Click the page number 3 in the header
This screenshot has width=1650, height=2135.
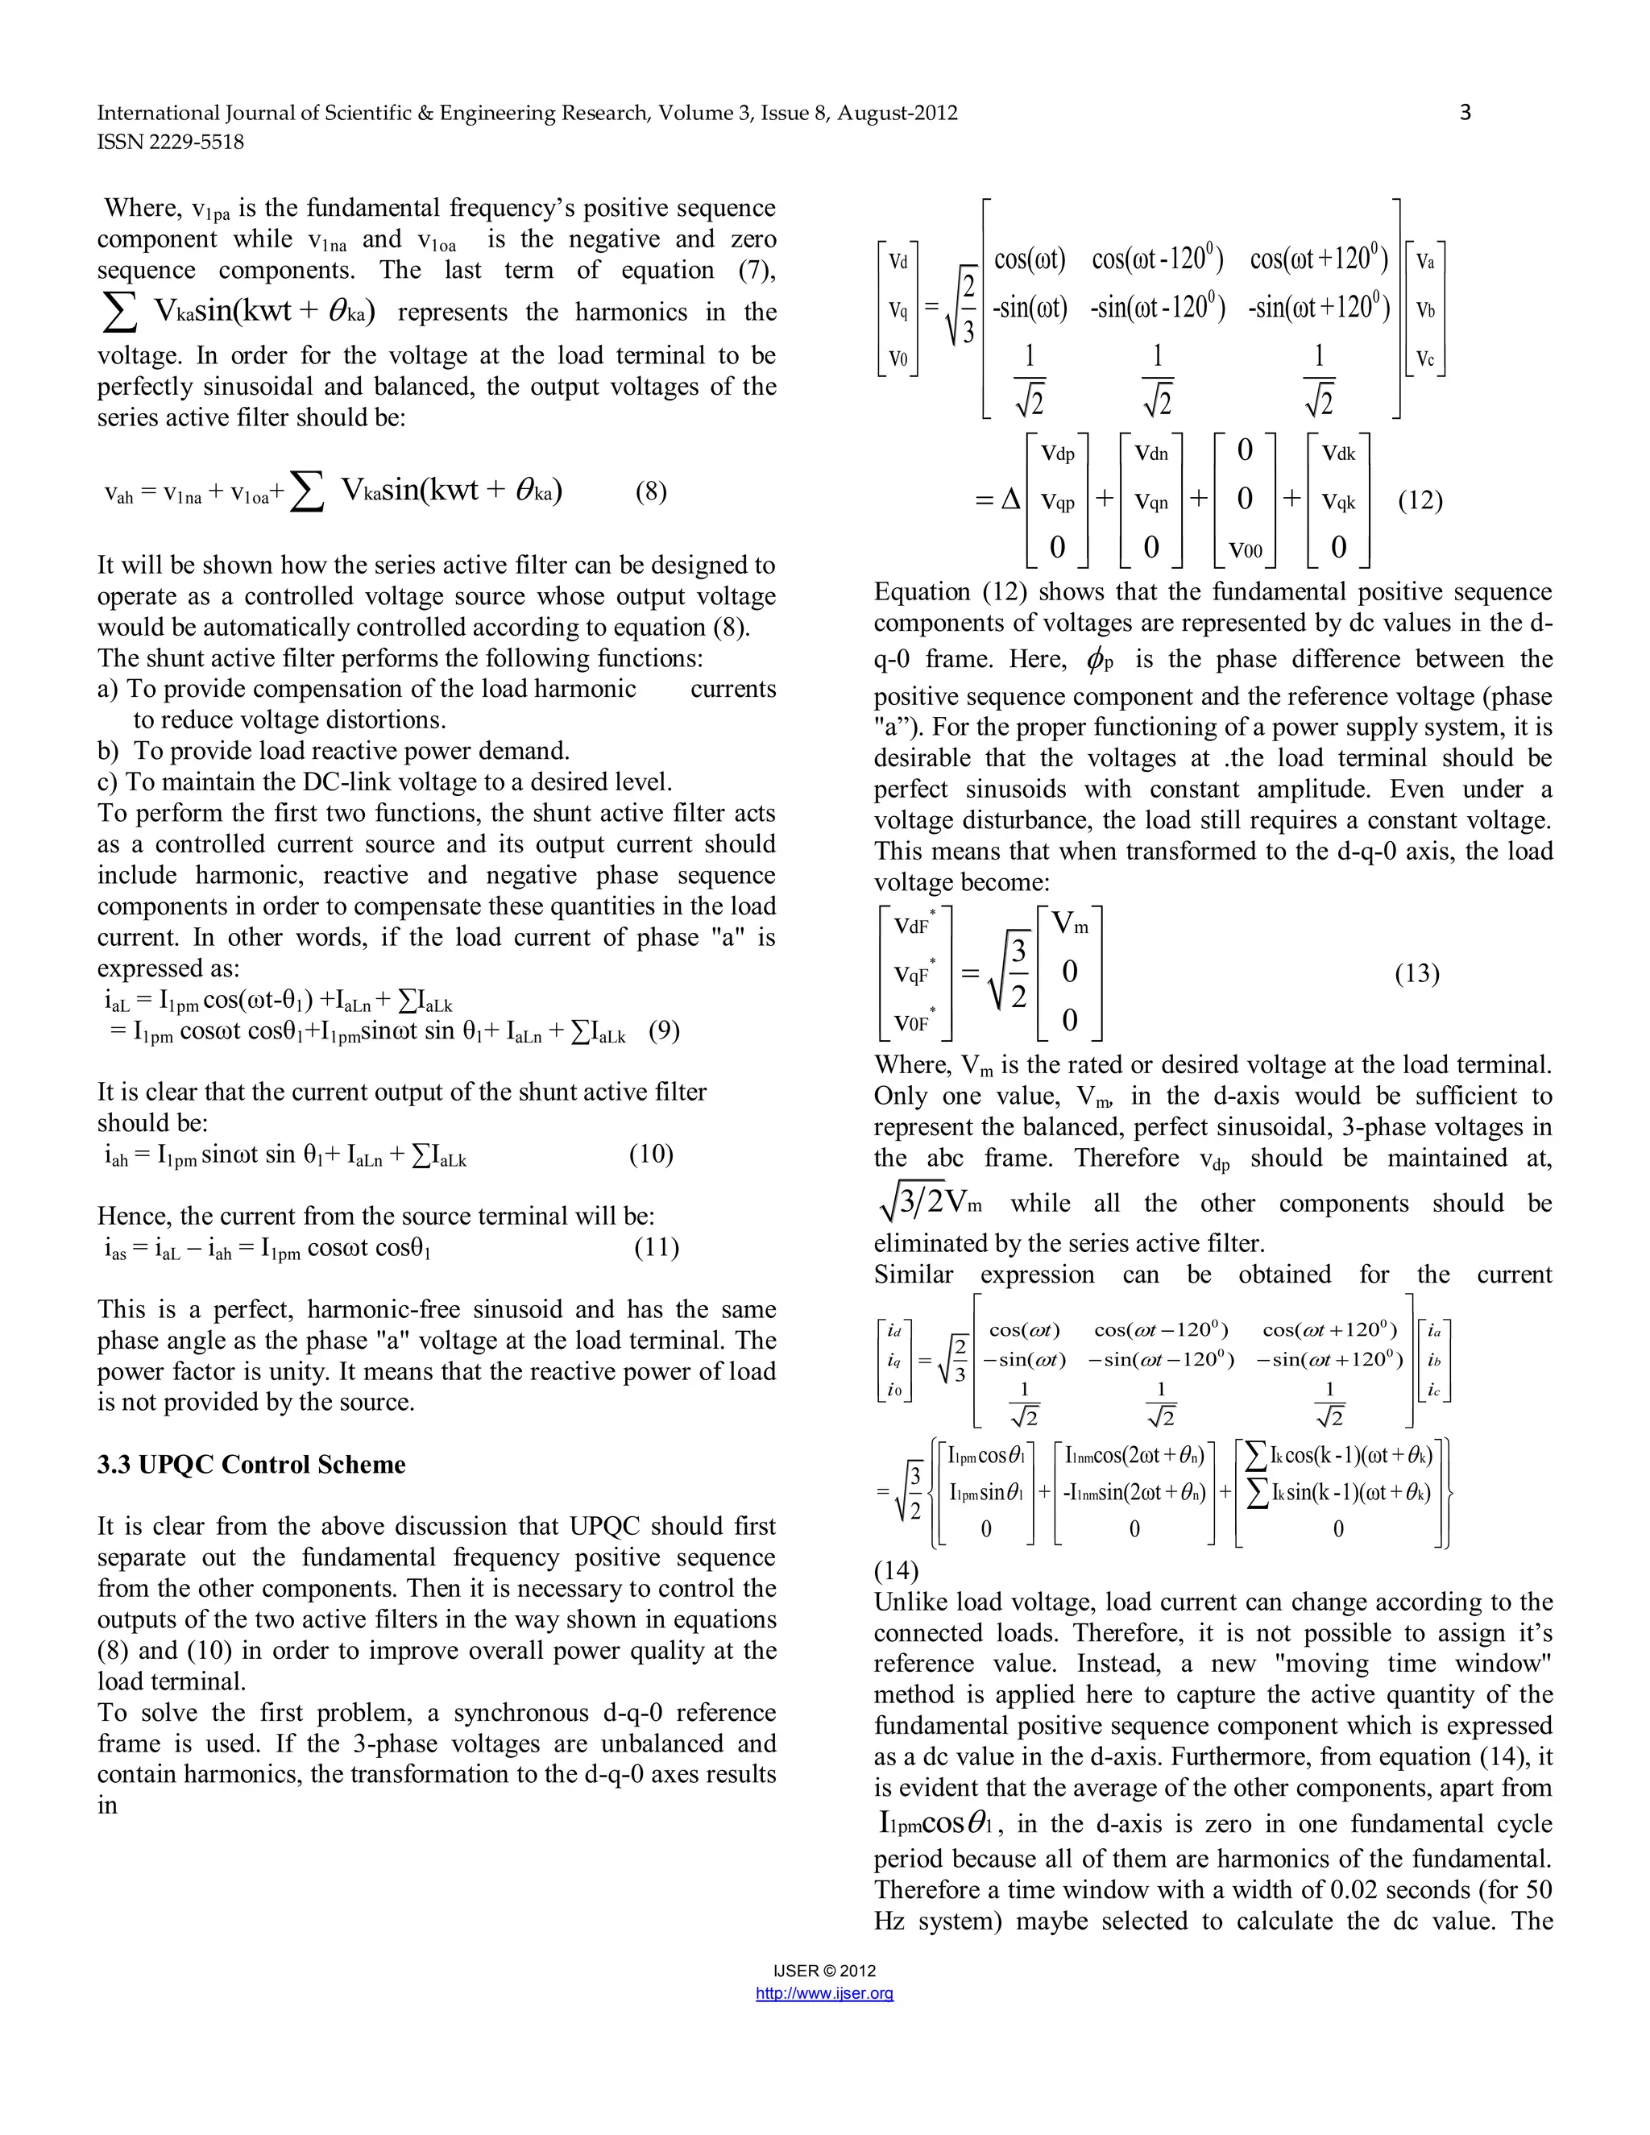coord(1464,113)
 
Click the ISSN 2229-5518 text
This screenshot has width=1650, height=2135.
coord(170,142)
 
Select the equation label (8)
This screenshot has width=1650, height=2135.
coord(651,491)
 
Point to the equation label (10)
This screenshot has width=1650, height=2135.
coord(651,1155)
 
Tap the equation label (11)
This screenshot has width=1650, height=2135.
coord(656,1247)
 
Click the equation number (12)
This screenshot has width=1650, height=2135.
coord(1420,500)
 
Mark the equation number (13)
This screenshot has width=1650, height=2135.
coord(1416,974)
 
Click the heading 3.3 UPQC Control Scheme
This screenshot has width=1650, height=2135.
coord(251,1465)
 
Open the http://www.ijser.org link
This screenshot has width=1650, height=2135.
coord(824,1993)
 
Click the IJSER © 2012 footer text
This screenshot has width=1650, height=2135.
coord(824,1971)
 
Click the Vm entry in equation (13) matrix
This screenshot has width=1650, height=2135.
coord(1069,922)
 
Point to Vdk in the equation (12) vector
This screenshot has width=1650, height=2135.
coord(1338,454)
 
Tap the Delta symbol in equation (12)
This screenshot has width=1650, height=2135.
coord(1011,500)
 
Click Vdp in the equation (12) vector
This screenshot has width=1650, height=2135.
coord(1058,454)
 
